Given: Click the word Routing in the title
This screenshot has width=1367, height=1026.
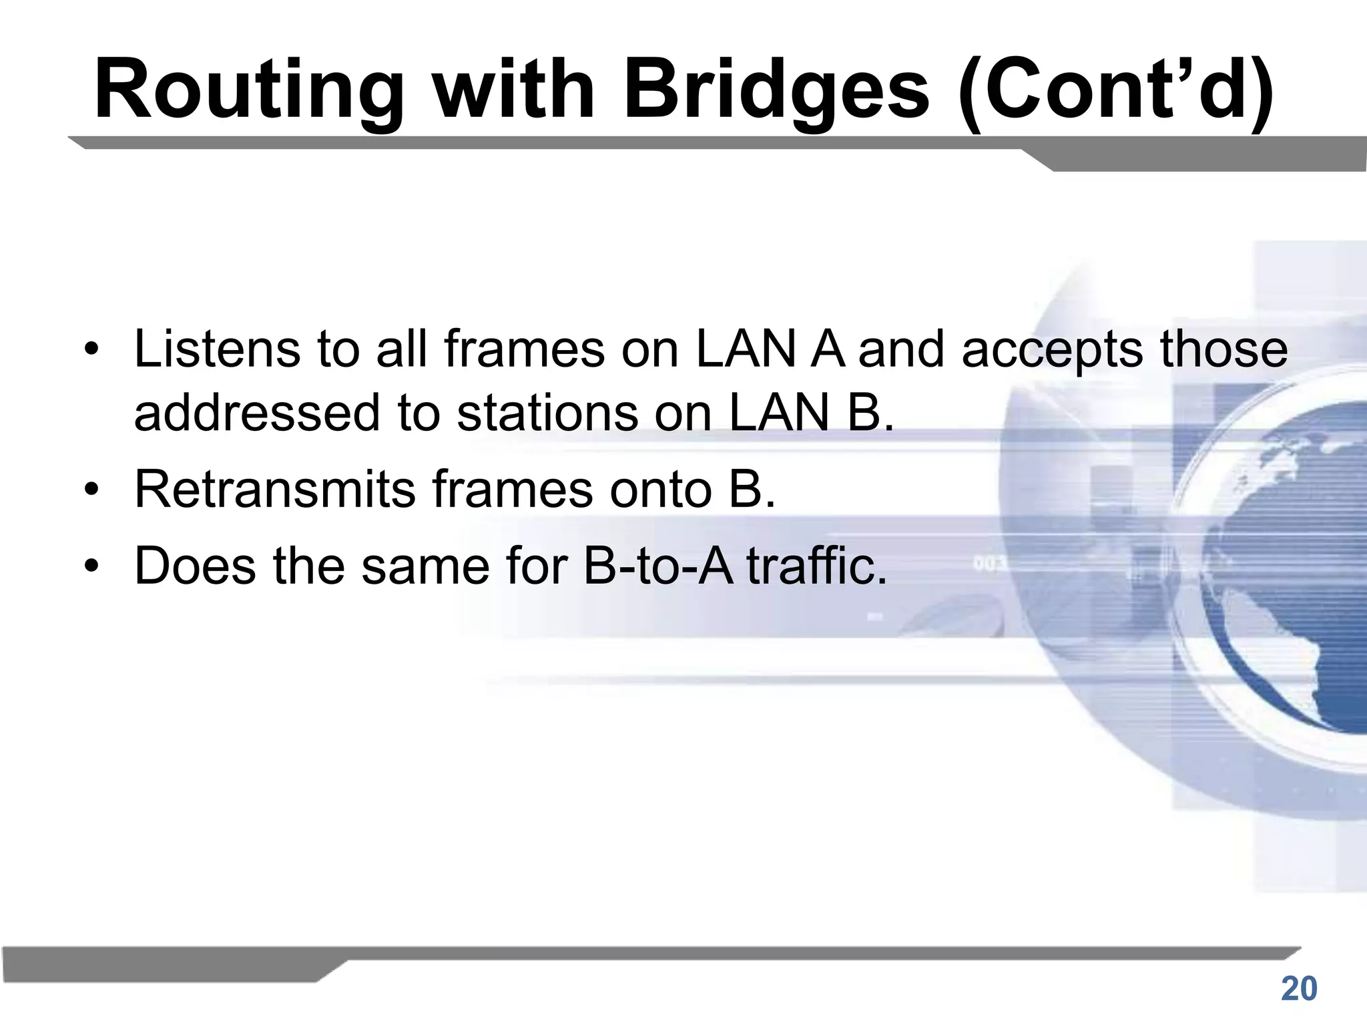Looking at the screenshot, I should point(248,90).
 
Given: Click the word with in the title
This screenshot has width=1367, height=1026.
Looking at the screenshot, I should point(515,90).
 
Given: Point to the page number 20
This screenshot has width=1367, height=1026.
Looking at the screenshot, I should point(1299,989).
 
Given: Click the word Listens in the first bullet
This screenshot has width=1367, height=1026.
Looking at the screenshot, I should point(217,349).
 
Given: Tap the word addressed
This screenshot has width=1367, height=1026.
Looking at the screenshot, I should point(256,413).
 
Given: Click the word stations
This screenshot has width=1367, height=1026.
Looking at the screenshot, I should point(548,413).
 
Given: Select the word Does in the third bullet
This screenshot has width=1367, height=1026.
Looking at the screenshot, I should point(195,566).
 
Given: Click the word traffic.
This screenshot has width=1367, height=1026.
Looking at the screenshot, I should point(817,566).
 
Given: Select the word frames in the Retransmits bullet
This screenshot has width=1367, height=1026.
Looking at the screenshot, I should point(512,490).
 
